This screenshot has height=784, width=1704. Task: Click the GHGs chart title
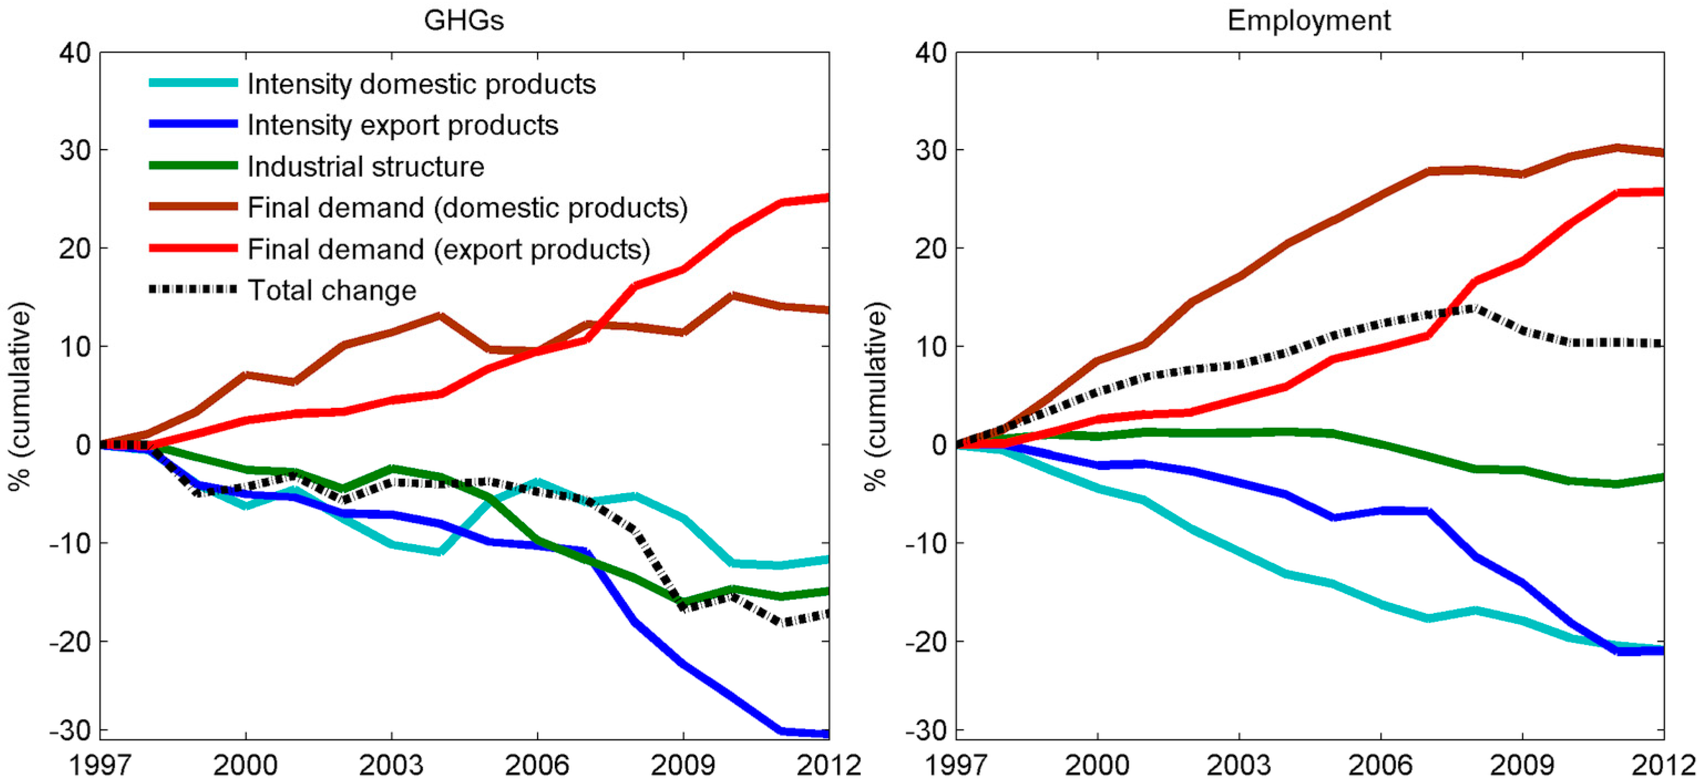tap(464, 21)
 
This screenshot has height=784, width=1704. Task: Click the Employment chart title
tap(1309, 21)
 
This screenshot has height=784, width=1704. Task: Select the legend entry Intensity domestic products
tap(421, 84)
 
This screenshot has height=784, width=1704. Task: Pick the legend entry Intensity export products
tap(403, 125)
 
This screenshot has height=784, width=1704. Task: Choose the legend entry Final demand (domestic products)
tap(467, 208)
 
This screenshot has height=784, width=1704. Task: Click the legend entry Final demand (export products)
tap(449, 249)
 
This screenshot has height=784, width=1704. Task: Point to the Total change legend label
tap(332, 290)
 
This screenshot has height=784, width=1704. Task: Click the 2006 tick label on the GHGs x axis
tap(537, 765)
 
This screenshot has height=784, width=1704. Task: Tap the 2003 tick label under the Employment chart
tap(1238, 765)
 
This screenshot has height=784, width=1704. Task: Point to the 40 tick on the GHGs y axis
tap(75, 53)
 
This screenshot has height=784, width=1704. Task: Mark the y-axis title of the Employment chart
tap(876, 396)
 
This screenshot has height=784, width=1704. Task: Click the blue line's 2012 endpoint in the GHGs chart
tap(827, 733)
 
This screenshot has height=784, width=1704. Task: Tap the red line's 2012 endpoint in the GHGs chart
tap(827, 197)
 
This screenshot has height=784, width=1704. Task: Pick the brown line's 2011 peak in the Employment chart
tap(1616, 147)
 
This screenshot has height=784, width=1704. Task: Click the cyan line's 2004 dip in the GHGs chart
tap(439, 552)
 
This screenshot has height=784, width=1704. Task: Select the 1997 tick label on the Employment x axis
tap(956, 765)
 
